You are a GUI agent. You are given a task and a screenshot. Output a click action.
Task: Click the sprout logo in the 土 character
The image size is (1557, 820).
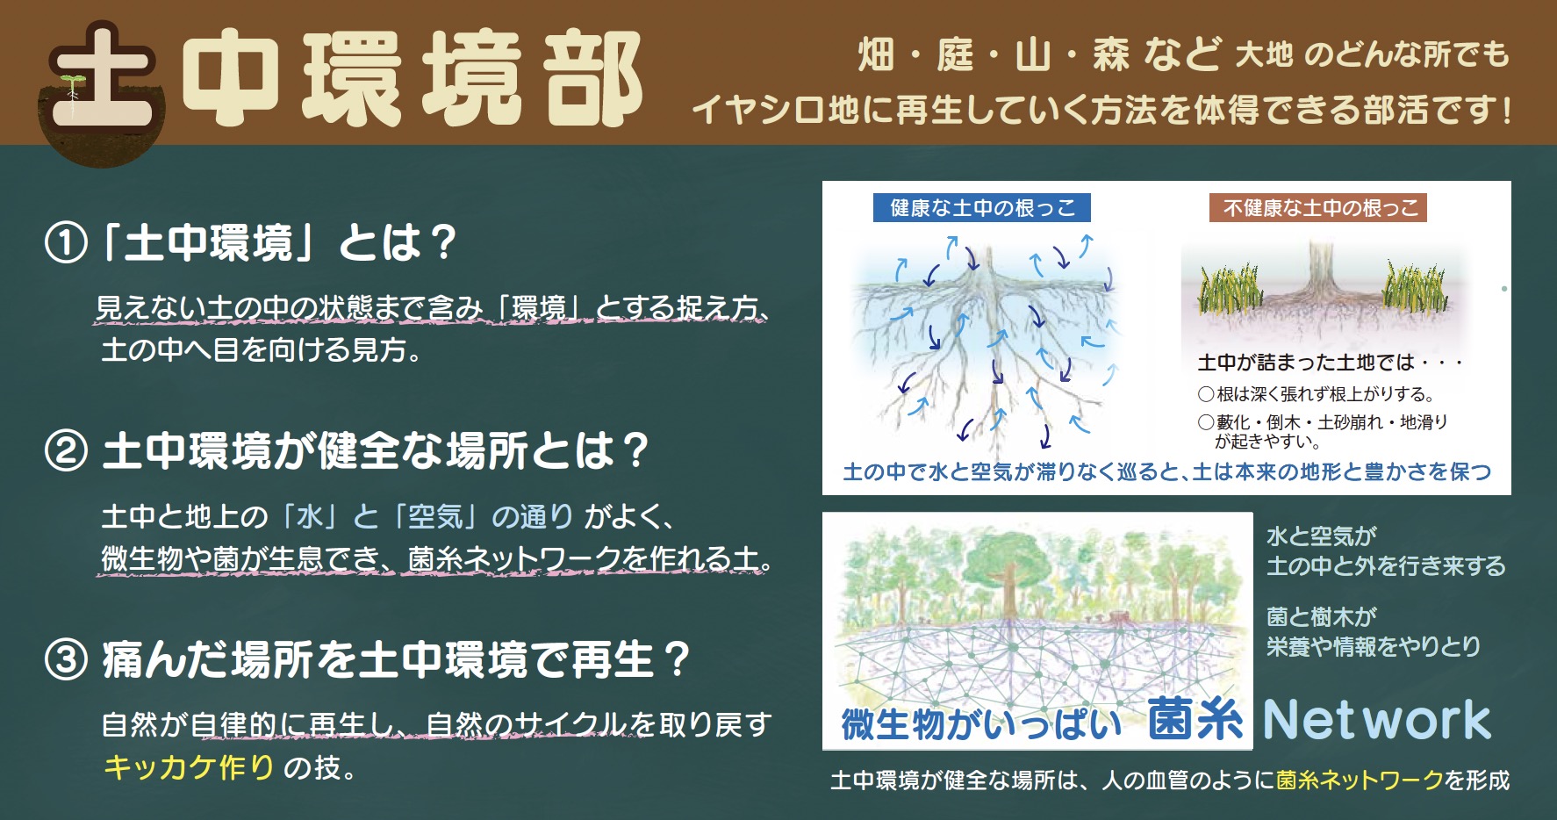[x=71, y=86]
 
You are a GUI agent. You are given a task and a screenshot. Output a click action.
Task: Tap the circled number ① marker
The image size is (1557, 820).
[x=66, y=243]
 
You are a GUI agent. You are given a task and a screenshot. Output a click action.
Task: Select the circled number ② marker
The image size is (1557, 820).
[x=66, y=451]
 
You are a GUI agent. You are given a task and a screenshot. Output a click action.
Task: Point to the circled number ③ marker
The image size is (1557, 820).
[x=66, y=660]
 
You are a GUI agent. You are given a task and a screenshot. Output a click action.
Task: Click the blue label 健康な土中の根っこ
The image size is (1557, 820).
[x=981, y=208]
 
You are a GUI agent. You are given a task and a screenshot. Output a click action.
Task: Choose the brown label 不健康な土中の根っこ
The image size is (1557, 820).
[x=1319, y=208]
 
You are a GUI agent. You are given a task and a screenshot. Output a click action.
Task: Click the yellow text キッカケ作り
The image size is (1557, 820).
[x=190, y=766]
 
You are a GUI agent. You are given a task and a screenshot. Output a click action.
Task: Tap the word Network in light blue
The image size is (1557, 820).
[x=1377, y=720]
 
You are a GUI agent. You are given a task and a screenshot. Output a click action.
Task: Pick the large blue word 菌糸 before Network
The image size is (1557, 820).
[x=1195, y=719]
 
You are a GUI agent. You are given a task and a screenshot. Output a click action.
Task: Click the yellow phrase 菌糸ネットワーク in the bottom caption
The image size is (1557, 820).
[x=1360, y=780]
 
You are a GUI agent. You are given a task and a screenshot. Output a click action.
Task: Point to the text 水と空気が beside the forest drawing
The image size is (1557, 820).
[x=1322, y=536]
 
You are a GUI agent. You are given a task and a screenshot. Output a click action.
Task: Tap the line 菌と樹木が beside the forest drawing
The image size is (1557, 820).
[x=1322, y=616]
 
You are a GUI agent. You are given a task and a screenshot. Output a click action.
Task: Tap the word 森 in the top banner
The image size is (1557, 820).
[x=1110, y=55]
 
